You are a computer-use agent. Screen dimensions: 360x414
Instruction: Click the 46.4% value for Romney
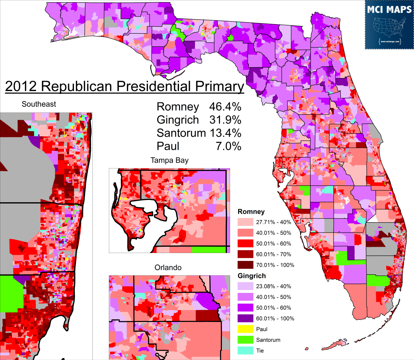click(x=225, y=107)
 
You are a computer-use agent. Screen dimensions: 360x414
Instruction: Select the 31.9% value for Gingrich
click(x=225, y=120)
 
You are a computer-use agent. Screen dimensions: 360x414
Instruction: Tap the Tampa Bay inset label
click(x=169, y=160)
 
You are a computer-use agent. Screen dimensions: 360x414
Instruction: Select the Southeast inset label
click(x=39, y=104)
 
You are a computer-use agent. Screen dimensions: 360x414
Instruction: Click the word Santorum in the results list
click(x=181, y=133)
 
